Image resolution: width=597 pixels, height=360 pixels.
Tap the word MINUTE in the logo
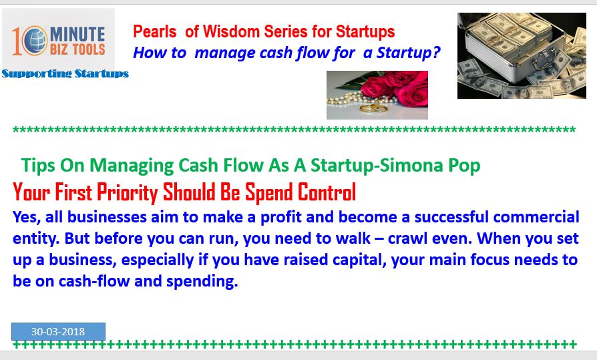pos(77,34)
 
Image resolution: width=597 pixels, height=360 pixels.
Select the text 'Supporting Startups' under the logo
pos(65,73)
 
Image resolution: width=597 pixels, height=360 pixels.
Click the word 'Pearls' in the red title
pos(154,31)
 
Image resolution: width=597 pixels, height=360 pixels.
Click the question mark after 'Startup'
pos(436,53)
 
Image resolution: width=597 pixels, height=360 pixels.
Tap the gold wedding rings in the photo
pos(373,109)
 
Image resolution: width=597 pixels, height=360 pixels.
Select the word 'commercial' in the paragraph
pos(536,217)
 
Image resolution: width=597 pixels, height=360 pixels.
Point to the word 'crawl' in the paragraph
pos(405,238)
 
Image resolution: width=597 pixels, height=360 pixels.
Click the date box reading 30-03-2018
pos(58,331)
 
